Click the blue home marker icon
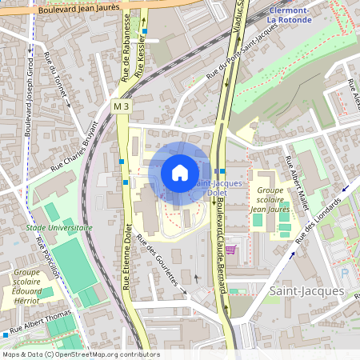pyautogui.click(x=180, y=173)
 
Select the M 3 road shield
pyautogui.click(x=121, y=106)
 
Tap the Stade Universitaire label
pyautogui.click(x=59, y=227)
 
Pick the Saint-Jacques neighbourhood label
pyautogui.click(x=306, y=291)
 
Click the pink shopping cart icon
pyautogui.click(x=230, y=250)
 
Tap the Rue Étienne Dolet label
pyautogui.click(x=126, y=255)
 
